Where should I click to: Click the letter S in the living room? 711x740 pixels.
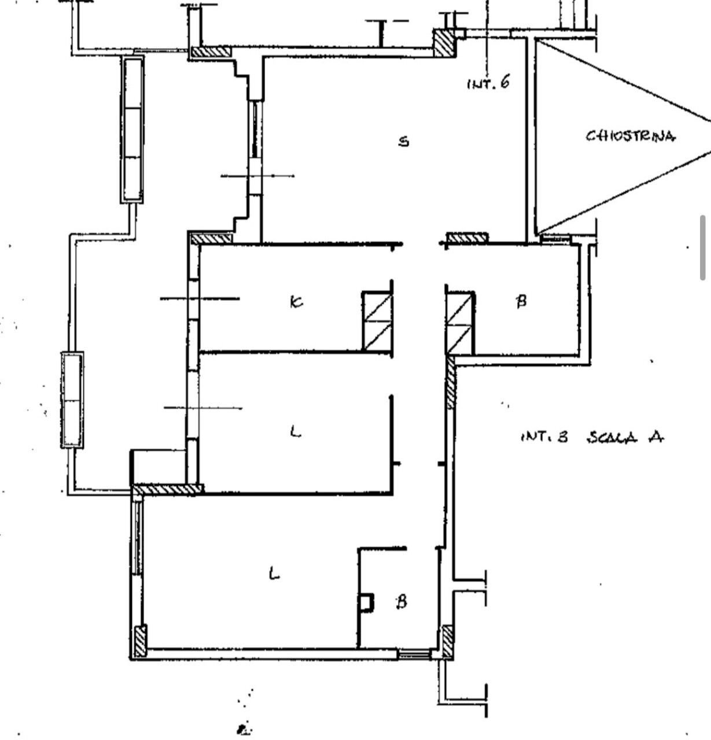click(404, 141)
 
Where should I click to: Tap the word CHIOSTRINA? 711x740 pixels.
click(630, 136)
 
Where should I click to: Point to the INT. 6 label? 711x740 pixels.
click(488, 83)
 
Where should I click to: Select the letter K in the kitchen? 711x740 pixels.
click(296, 302)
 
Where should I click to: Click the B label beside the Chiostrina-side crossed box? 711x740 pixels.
click(521, 301)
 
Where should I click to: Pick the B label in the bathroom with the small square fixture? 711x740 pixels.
click(401, 602)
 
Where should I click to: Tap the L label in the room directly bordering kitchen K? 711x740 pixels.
click(295, 431)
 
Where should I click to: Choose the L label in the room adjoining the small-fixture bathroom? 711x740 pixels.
click(275, 573)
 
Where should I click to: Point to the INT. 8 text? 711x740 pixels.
click(544, 437)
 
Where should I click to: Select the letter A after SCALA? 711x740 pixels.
click(655, 437)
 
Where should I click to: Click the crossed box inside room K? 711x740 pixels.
click(377, 321)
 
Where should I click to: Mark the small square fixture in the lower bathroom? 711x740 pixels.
click(366, 603)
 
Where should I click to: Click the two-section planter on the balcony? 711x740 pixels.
click(72, 399)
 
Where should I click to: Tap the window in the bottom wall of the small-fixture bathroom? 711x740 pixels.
click(414, 654)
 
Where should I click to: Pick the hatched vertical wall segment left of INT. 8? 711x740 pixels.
click(451, 384)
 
